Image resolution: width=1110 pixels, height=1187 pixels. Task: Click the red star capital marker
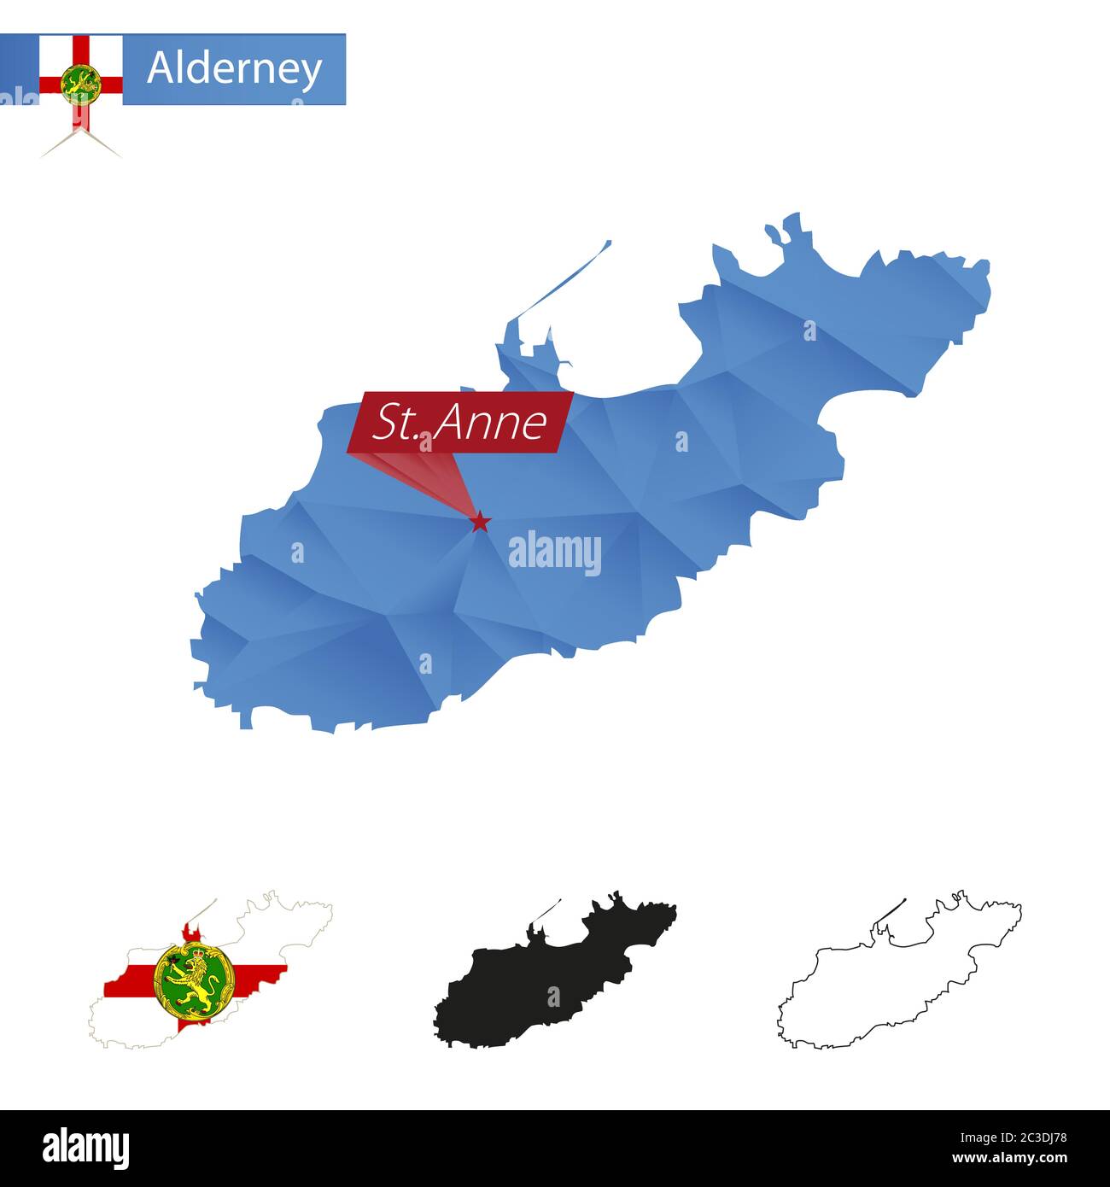[480, 521]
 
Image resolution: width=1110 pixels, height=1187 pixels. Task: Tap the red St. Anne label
[460, 422]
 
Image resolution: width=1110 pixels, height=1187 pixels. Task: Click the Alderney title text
[234, 68]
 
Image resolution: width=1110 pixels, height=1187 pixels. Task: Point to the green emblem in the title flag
[80, 83]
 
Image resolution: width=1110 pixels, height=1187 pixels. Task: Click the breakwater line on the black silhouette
[547, 910]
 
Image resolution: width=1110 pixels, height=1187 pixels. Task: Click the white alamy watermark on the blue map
[555, 553]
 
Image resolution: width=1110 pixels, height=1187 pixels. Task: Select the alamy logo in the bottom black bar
[85, 1146]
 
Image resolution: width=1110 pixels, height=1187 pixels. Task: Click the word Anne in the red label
[489, 422]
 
